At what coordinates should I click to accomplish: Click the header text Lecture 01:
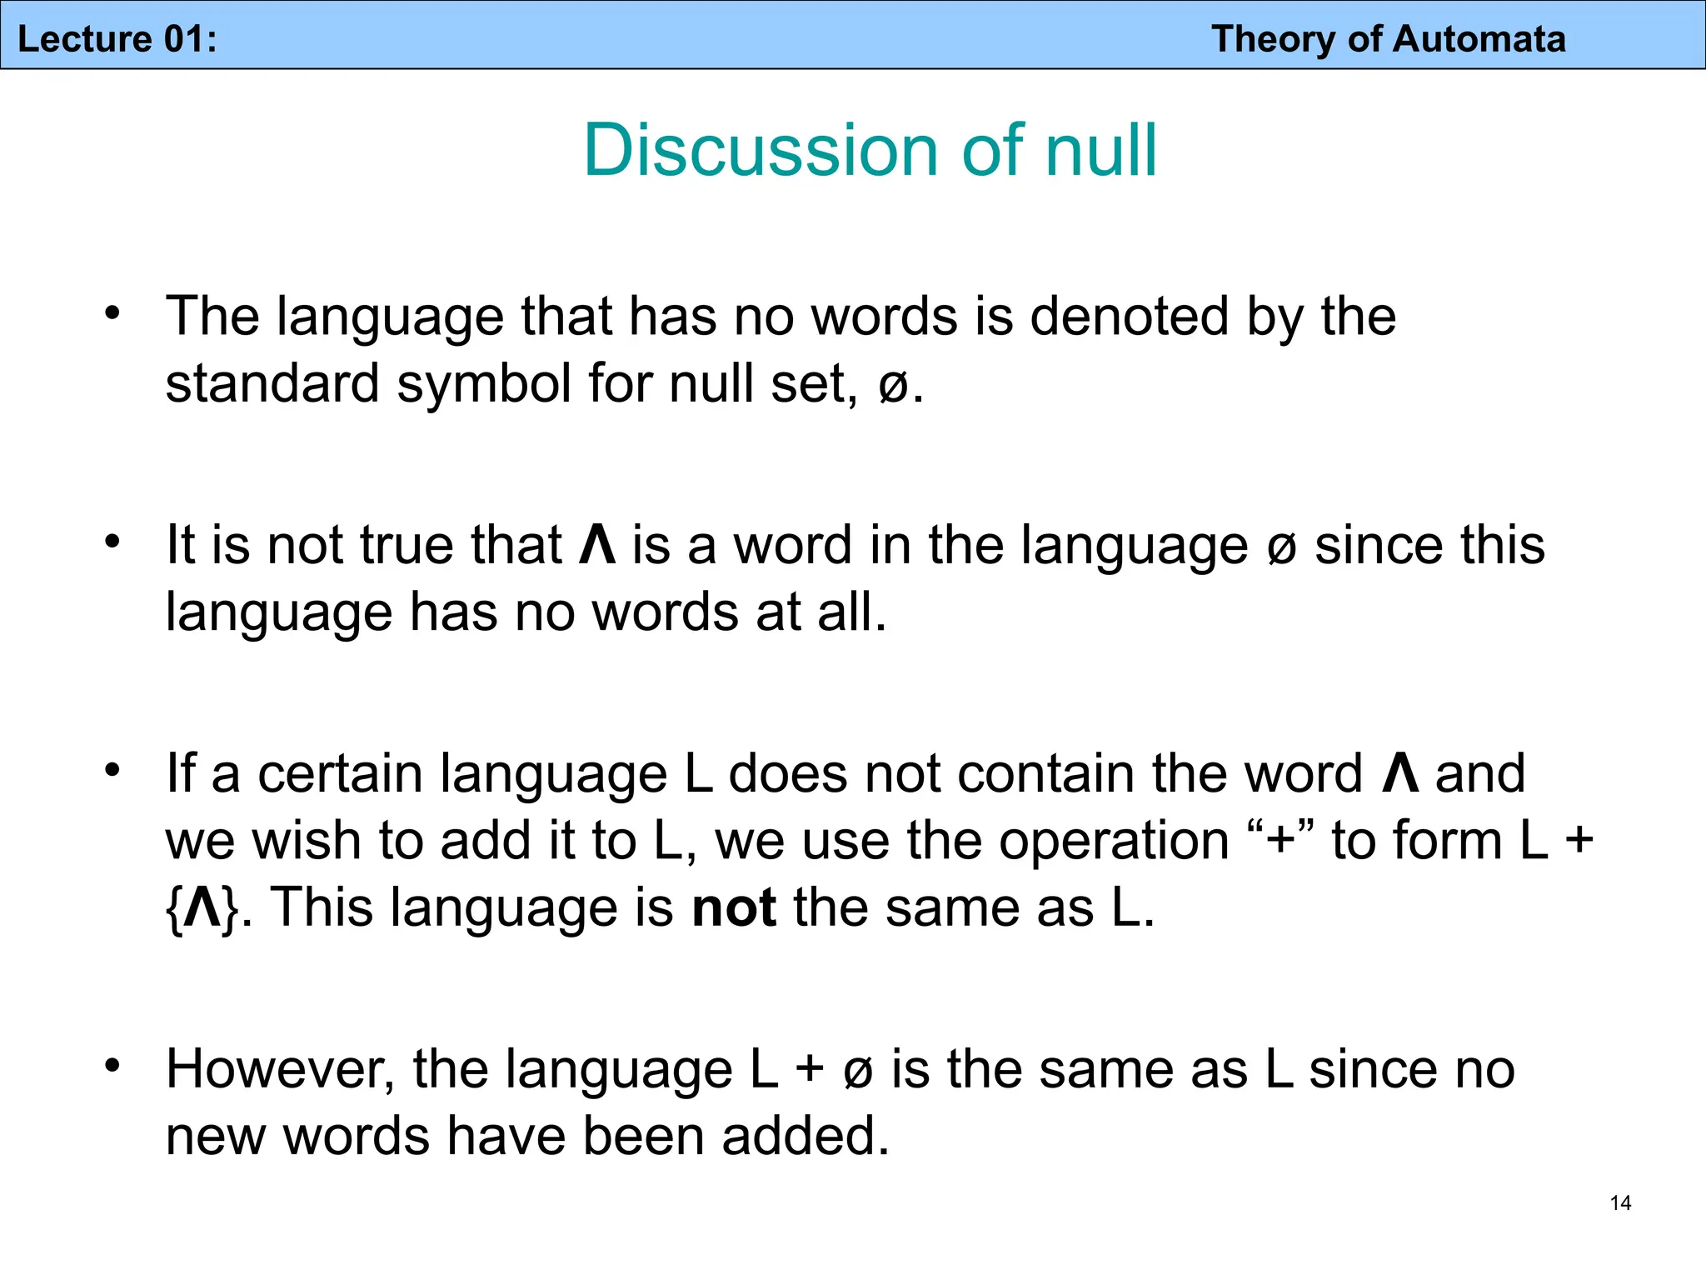tap(117, 39)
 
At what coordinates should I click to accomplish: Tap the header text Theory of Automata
tap(1388, 39)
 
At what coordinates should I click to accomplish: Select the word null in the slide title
tap(1100, 151)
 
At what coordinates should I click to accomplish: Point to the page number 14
tap(1620, 1202)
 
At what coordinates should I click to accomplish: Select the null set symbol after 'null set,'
tap(894, 387)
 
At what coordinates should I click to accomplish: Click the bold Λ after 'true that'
tap(597, 546)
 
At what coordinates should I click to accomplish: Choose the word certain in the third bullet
tap(341, 774)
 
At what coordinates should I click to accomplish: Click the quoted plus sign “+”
tap(1280, 840)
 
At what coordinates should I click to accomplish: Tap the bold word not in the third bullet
tap(734, 907)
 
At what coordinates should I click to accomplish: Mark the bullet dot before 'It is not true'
tap(112, 542)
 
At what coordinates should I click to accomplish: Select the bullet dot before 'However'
tap(112, 1066)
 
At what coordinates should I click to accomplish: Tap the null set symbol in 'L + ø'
tap(858, 1072)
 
